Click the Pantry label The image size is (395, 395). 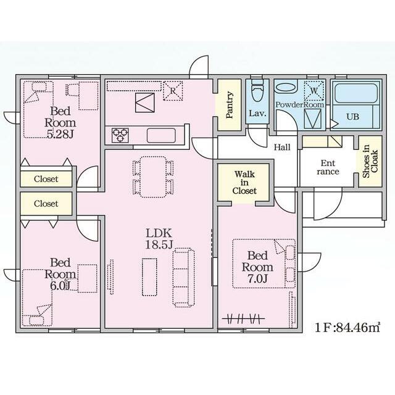tap(229, 105)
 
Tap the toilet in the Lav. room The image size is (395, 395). tap(257, 90)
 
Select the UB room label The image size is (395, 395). tap(352, 117)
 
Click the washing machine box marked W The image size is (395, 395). tap(314, 91)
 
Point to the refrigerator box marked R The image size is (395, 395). tap(173, 91)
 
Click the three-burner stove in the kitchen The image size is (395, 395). tap(120, 135)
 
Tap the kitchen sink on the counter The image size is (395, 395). tap(161, 136)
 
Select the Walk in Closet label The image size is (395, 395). tap(244, 183)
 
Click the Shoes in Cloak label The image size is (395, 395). tap(370, 161)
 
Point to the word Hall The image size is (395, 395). tap(282, 147)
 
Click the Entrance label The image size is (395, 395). tap(328, 167)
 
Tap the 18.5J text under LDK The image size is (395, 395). tap(159, 244)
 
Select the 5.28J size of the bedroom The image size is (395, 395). tap(60, 135)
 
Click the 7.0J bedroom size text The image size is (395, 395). tap(257, 278)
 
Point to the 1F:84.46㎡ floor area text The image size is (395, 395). tap(347, 328)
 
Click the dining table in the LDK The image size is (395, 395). tap(153, 177)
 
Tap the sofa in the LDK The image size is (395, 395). tap(184, 277)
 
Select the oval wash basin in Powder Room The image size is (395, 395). tap(286, 88)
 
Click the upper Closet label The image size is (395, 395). tap(46, 179)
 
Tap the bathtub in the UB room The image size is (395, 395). tap(356, 93)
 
